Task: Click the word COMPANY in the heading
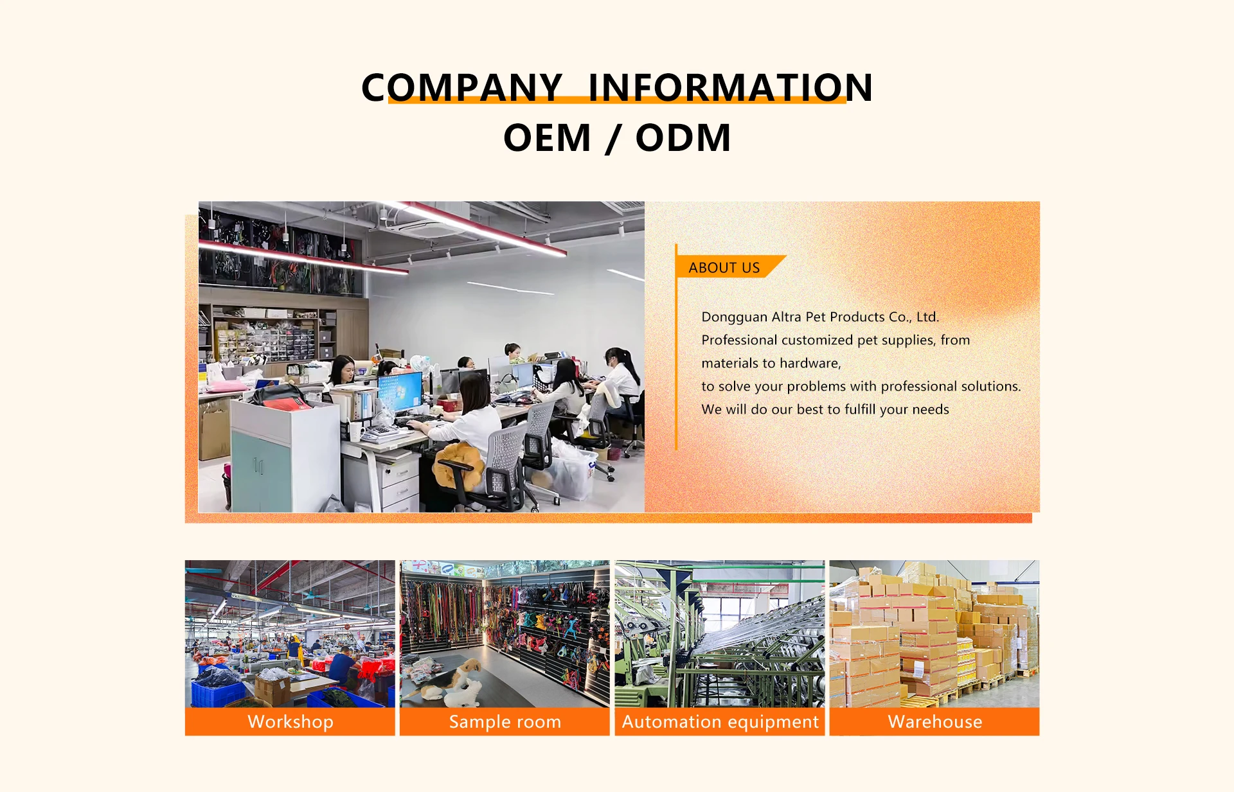tap(461, 87)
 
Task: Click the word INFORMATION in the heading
tap(731, 87)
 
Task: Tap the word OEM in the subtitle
tap(547, 137)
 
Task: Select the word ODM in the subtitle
tap(683, 137)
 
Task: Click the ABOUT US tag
tap(724, 268)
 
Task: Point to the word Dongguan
tap(734, 317)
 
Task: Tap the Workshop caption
tap(291, 722)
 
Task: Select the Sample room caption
tap(505, 722)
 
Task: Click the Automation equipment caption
tap(720, 722)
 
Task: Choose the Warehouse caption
tap(935, 722)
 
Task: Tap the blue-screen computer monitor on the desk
tap(400, 392)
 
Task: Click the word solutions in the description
tap(987, 386)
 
